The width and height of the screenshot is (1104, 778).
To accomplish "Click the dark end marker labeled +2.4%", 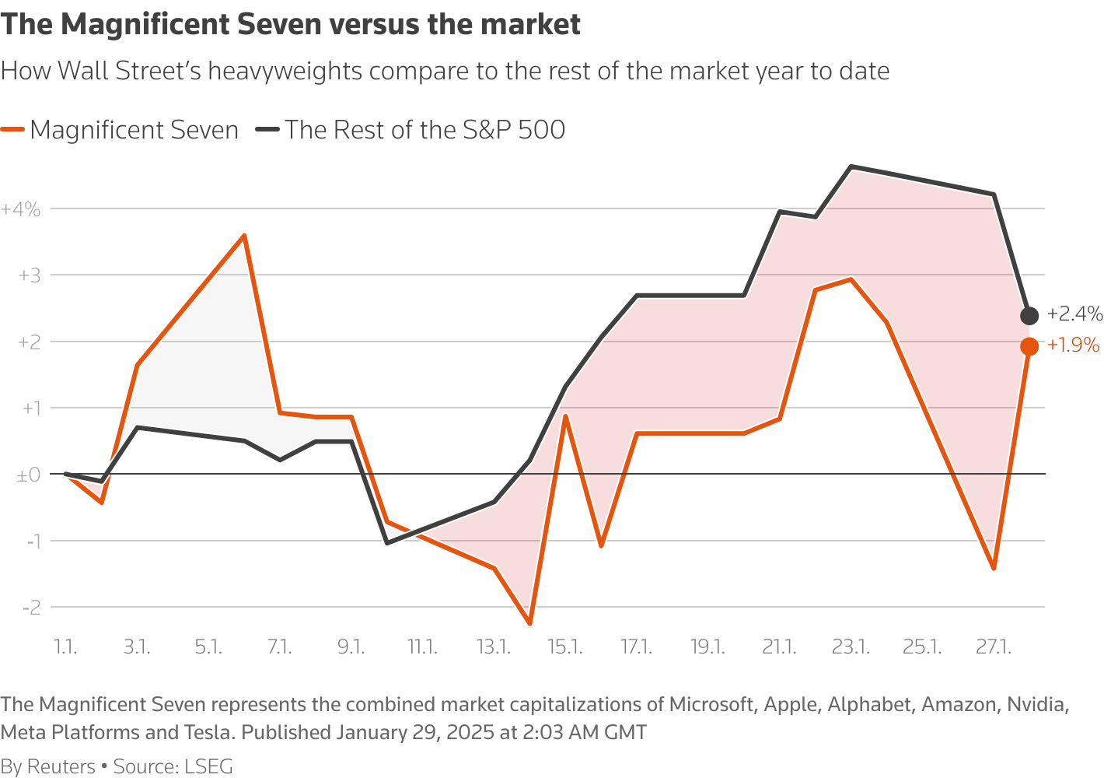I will pyautogui.click(x=1029, y=315).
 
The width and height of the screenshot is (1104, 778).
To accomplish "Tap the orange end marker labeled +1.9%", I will pyautogui.click(x=1029, y=346).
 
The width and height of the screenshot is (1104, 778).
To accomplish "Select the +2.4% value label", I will pyautogui.click(x=1074, y=314).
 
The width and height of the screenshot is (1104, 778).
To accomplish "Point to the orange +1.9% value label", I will pyautogui.click(x=1073, y=345).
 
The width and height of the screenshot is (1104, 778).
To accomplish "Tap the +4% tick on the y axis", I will pyautogui.click(x=21, y=209).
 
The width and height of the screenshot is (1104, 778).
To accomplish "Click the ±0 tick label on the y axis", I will pyautogui.click(x=28, y=475).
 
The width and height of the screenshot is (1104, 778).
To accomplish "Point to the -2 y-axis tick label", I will pyautogui.click(x=32, y=608).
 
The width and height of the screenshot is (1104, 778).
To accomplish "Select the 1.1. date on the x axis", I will pyautogui.click(x=65, y=647).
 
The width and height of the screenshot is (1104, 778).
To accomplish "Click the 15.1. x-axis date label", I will pyautogui.click(x=565, y=647).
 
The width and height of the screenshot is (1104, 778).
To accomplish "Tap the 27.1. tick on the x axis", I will pyautogui.click(x=993, y=647).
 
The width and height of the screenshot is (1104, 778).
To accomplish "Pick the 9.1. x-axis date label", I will pyautogui.click(x=351, y=647).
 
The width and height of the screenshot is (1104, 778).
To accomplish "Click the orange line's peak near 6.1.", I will pyautogui.click(x=244, y=235).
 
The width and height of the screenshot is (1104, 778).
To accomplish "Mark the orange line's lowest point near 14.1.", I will pyautogui.click(x=529, y=623).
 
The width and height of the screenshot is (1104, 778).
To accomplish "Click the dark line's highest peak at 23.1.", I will pyautogui.click(x=851, y=166).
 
